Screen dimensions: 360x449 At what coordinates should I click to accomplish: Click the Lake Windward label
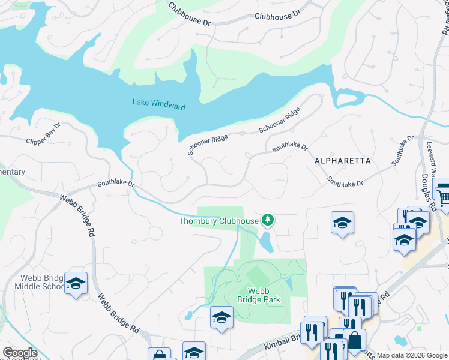158,104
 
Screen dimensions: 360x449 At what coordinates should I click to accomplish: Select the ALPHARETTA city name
343,161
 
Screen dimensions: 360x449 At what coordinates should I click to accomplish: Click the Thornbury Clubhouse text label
218,221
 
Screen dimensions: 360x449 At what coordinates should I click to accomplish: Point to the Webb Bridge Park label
264,295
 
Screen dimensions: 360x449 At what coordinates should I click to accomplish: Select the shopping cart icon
443,196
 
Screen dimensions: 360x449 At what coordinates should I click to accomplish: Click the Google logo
20,353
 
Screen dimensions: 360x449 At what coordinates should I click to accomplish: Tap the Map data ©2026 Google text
412,355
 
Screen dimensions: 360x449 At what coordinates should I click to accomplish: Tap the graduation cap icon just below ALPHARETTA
342,223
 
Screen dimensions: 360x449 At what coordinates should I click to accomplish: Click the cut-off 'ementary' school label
13,172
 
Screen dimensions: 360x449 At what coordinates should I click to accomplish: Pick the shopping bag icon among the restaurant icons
354,340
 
